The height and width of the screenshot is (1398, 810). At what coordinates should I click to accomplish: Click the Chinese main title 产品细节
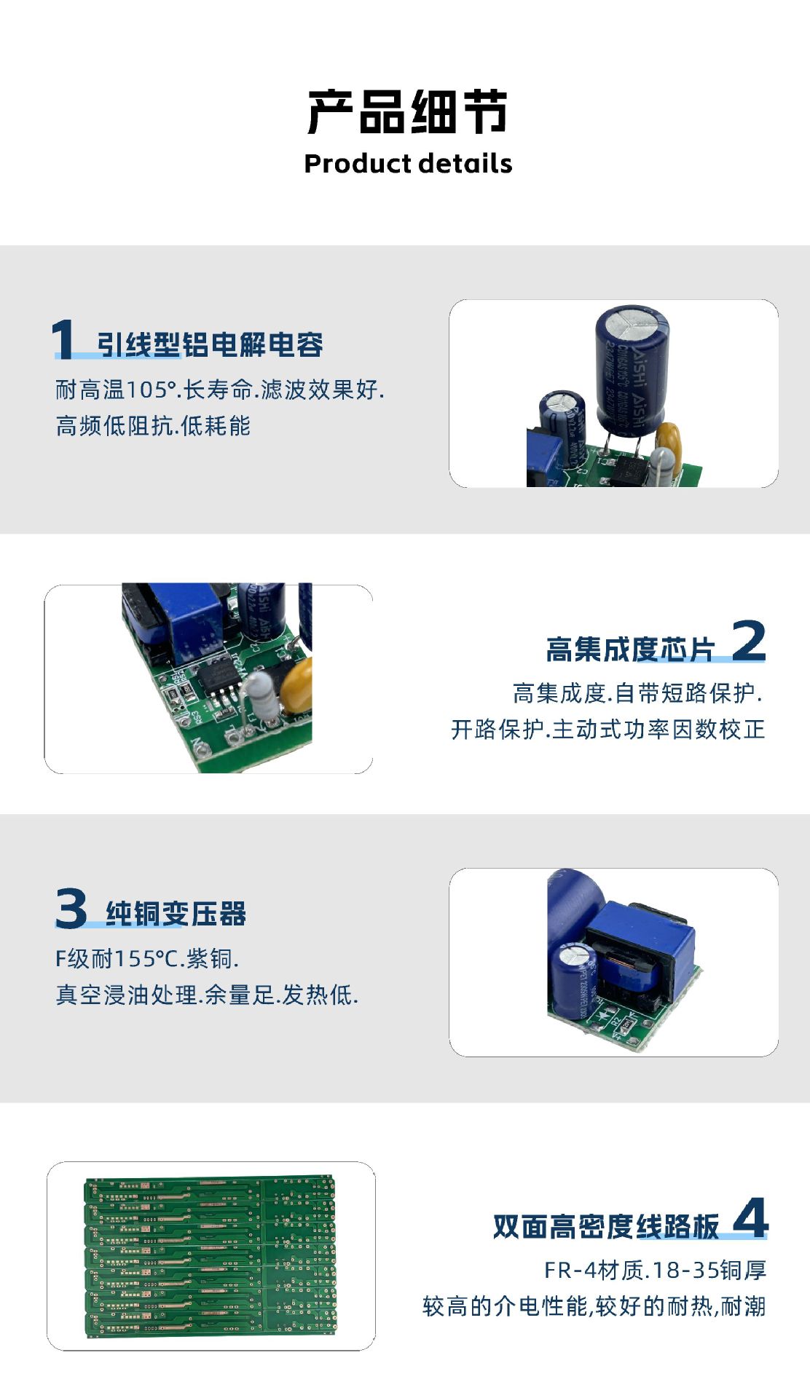(x=407, y=112)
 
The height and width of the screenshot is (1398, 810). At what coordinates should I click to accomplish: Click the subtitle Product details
(x=407, y=164)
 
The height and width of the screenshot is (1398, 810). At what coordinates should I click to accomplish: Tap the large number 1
(x=63, y=339)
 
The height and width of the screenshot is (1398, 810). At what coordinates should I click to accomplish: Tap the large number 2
(x=748, y=641)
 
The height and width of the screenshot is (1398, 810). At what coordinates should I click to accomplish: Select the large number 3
(x=71, y=908)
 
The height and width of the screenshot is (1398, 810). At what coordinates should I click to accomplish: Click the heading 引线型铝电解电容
(x=211, y=344)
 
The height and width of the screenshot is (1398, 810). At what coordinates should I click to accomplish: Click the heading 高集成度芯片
(x=631, y=649)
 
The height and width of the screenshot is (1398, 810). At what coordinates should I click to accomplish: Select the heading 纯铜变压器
(x=176, y=913)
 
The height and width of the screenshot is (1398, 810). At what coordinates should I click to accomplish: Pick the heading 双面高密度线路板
(x=606, y=1226)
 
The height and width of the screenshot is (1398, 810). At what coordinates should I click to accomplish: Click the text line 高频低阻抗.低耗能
(x=153, y=425)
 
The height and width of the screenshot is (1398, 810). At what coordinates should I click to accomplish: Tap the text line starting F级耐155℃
(x=147, y=958)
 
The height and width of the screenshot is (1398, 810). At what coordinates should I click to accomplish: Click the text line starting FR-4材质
(x=655, y=1270)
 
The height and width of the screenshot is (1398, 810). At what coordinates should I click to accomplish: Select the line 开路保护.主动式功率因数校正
(x=607, y=729)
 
